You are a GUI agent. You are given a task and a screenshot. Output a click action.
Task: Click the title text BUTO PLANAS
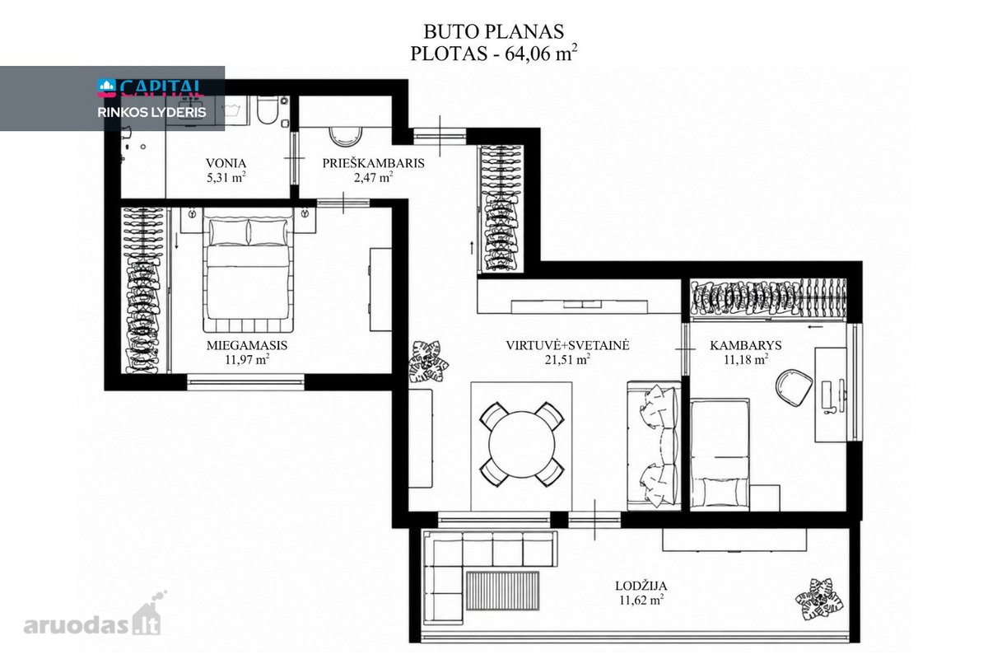coord(493,32)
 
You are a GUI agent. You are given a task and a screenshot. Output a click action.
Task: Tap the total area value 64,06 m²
coord(541,54)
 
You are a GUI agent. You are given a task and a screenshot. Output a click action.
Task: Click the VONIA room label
coord(226,163)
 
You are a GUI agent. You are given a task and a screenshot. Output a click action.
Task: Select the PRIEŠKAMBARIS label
coord(373,163)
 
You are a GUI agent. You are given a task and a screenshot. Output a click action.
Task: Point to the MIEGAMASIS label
coord(246,345)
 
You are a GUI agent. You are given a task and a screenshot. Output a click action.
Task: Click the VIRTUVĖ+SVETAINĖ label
coord(567,345)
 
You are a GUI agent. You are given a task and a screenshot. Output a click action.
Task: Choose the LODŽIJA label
coord(641,586)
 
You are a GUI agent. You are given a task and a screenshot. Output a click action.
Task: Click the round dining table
coord(522,445)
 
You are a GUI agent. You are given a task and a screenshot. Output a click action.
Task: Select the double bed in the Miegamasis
coord(249,274)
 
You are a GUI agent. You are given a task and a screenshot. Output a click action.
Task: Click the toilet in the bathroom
coord(268,110)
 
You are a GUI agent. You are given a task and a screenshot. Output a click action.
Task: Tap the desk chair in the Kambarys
coord(794,387)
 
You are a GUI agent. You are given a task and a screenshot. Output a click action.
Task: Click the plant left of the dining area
coord(427,362)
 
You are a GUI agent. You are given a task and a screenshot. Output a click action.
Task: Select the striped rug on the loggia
coord(502,591)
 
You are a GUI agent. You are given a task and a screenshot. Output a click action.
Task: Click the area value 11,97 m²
coord(247,360)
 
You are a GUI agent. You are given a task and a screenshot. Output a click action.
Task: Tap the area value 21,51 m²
coord(567,360)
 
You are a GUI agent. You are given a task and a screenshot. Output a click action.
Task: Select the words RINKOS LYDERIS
coord(151,113)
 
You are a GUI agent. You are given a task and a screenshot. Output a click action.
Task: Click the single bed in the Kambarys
coord(720,455)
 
